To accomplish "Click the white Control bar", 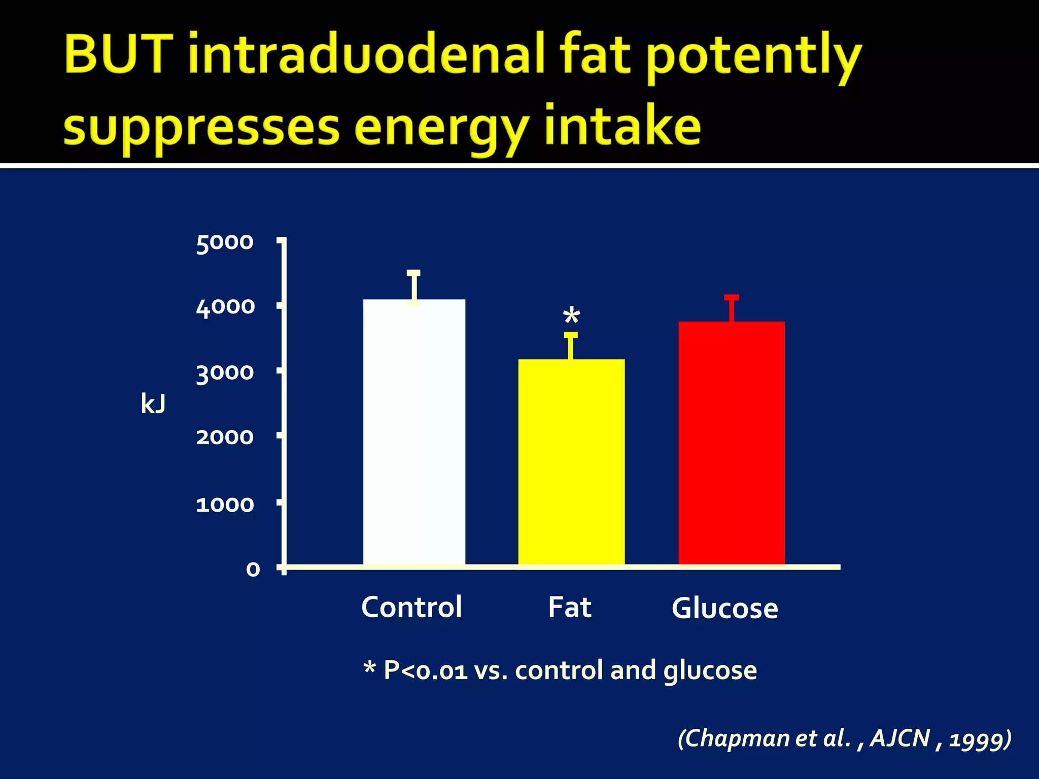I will (x=414, y=431).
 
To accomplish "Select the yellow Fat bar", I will (x=571, y=462).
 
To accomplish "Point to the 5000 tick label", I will (x=224, y=242).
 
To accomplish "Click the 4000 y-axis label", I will (x=225, y=307).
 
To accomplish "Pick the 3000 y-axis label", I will (x=225, y=373).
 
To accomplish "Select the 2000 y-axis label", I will (x=225, y=437).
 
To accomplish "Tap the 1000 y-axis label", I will (x=225, y=505).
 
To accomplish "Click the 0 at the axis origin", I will (x=253, y=570).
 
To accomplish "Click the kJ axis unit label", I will (x=153, y=404).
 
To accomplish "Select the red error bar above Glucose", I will (x=731, y=308).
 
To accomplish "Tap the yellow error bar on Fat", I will (x=571, y=346).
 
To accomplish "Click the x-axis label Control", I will (x=411, y=607).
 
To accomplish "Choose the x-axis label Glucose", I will (x=724, y=608).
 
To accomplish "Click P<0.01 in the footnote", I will (x=425, y=670).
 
